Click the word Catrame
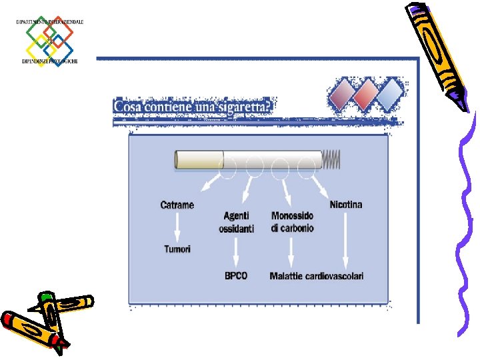click(177, 205)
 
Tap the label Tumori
click(177, 249)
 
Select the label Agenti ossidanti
click(236, 222)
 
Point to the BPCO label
click(236, 276)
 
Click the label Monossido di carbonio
click(293, 222)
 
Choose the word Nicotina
click(346, 204)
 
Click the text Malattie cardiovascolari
click(317, 276)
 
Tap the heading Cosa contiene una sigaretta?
click(193, 107)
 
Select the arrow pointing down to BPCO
click(236, 253)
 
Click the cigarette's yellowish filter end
click(199, 160)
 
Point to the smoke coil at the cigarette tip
click(331, 159)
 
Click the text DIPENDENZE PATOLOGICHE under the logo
click(49, 61)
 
